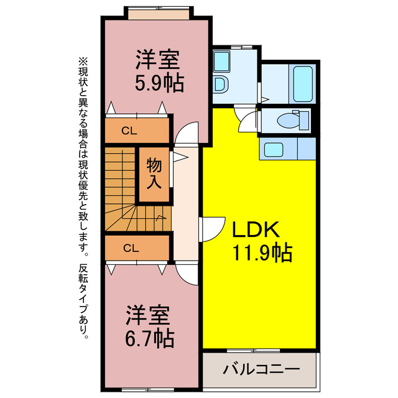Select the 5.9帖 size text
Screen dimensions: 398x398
(x=158, y=83)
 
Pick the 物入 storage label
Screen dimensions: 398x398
(x=154, y=174)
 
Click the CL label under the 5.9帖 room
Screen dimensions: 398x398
(x=129, y=131)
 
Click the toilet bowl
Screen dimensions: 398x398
(x=289, y=119)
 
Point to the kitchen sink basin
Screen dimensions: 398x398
(x=273, y=149)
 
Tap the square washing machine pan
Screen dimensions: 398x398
(x=222, y=61)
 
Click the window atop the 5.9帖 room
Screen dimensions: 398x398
(x=158, y=12)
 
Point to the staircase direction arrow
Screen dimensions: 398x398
(x=160, y=218)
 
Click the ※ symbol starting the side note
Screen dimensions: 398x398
(x=83, y=62)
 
